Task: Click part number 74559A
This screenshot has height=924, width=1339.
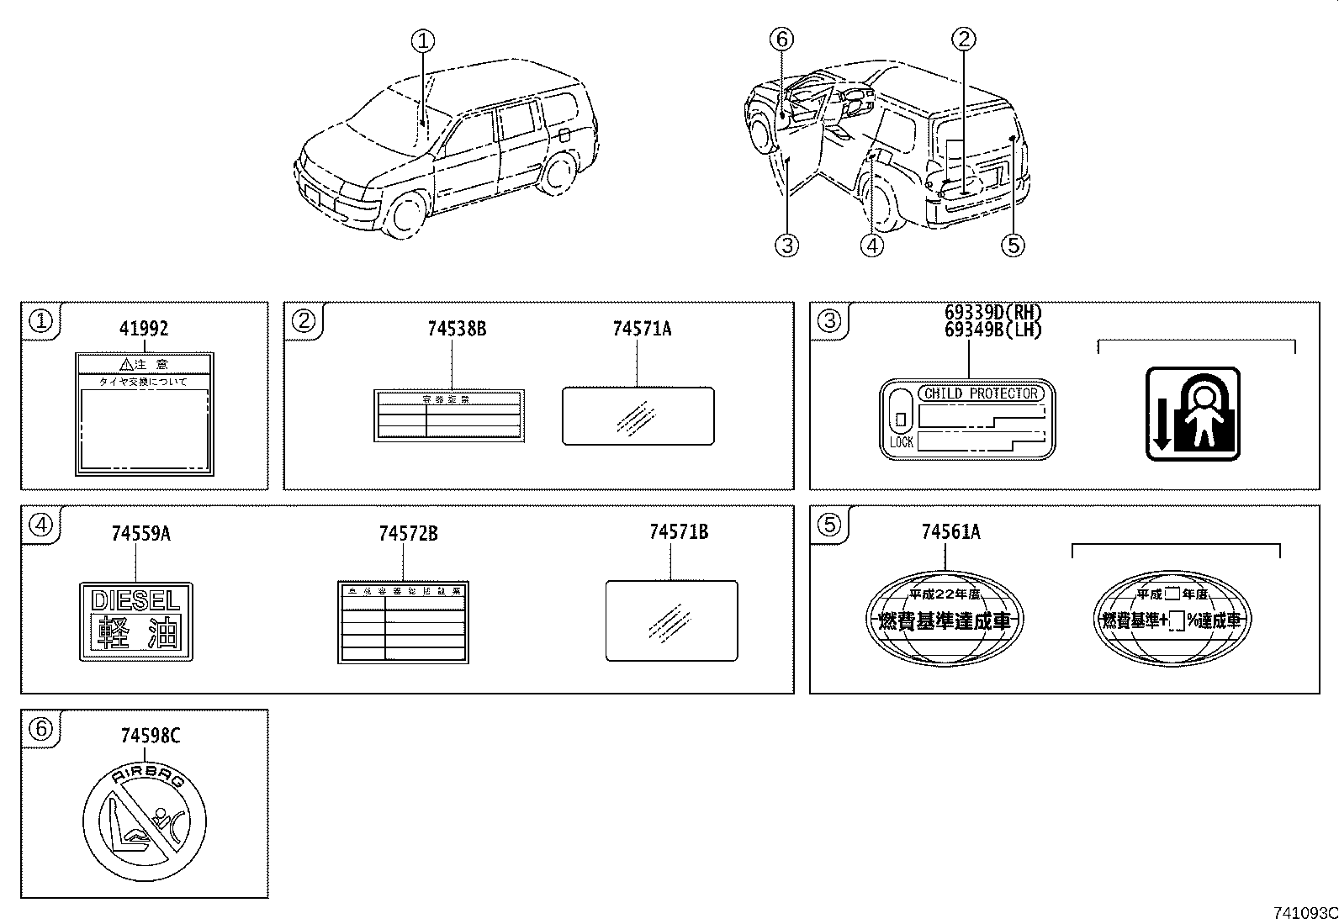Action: point(140,534)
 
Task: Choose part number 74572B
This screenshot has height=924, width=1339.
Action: point(408,534)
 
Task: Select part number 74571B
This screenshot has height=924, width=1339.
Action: point(678,532)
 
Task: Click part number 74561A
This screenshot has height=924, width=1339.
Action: point(950,532)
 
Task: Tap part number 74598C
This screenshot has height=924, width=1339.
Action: point(150,737)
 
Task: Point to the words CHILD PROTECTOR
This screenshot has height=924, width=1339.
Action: point(981,393)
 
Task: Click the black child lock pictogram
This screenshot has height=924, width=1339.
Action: point(1193,414)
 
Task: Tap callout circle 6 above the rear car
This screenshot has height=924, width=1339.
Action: point(781,39)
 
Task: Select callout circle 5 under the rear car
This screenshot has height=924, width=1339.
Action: point(1013,245)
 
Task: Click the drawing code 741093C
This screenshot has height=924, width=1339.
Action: point(1305,912)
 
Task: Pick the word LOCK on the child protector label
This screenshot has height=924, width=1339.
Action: point(901,442)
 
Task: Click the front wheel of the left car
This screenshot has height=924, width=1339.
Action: point(406,214)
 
